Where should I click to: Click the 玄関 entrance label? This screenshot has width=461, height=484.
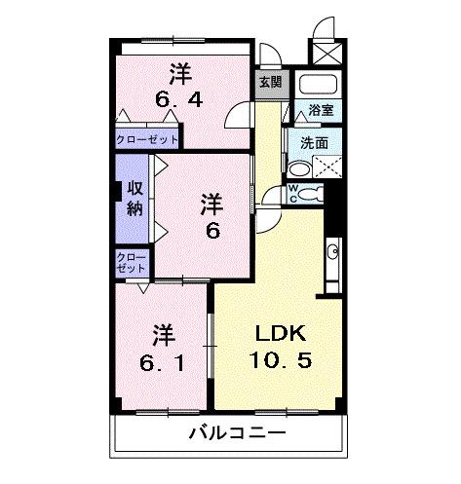(x=269, y=83)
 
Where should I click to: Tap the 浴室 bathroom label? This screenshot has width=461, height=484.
(x=320, y=110)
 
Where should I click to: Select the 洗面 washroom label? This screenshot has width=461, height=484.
(x=314, y=142)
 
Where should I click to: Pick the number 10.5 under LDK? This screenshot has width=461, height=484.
(x=277, y=359)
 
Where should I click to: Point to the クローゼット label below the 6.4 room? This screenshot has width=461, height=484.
(x=147, y=139)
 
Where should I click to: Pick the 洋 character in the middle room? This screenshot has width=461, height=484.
(x=212, y=205)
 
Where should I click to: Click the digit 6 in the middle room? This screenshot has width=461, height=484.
(x=211, y=231)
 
